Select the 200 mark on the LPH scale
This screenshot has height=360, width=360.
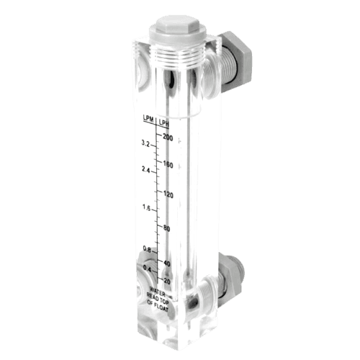point(168,137)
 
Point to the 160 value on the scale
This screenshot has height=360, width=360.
point(168,164)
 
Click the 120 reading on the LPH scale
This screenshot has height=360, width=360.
point(168,195)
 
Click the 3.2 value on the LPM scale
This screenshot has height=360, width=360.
point(146,144)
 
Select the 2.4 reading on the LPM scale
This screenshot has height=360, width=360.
point(147,171)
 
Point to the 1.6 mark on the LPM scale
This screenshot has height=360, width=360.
point(147,208)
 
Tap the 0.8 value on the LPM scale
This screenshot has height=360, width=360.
point(147,249)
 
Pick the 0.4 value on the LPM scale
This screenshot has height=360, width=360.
point(147,269)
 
